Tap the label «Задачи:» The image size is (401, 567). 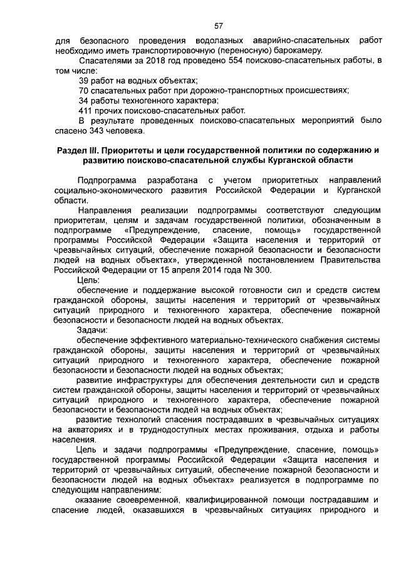click(92, 330)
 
